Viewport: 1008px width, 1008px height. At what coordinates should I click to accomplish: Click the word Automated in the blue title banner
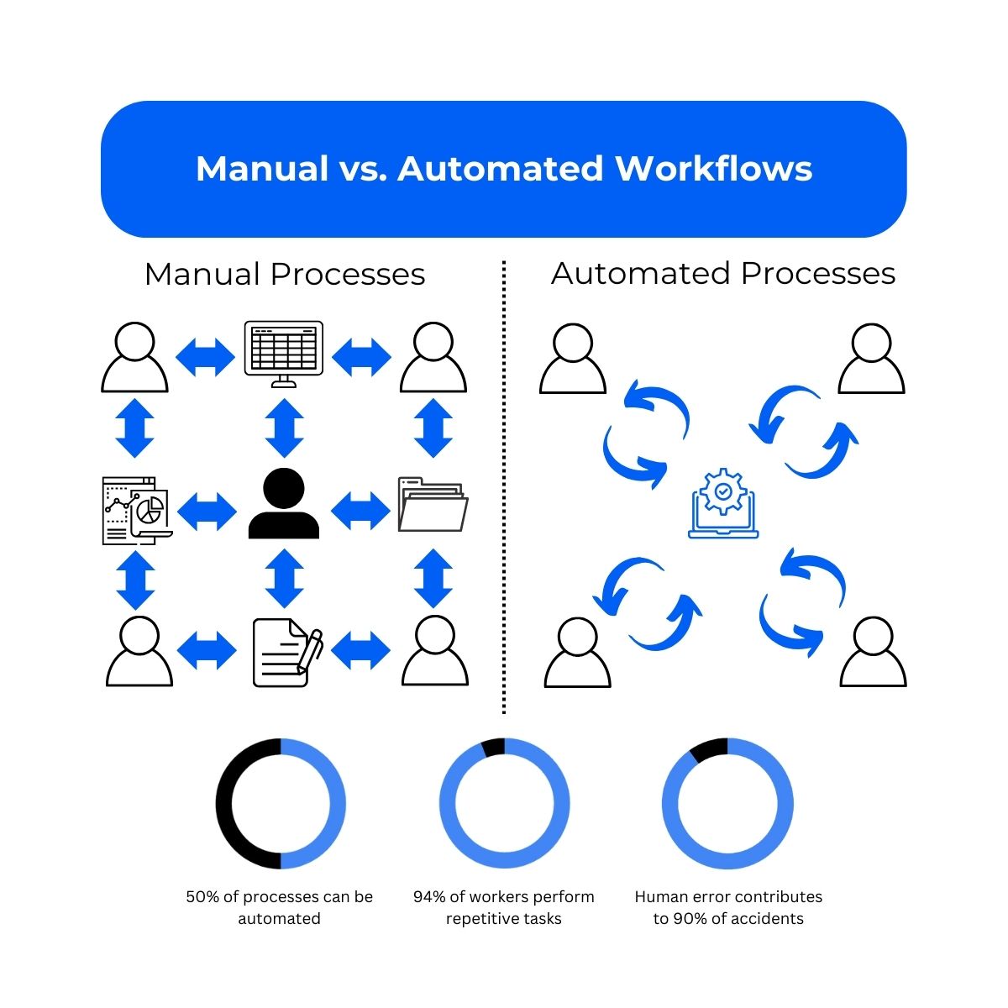tap(500, 168)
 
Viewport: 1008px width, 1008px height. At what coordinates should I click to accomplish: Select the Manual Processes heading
tap(284, 275)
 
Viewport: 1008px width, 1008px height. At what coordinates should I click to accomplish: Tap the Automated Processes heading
tap(723, 274)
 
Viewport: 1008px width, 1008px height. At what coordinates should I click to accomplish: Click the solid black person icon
tap(284, 504)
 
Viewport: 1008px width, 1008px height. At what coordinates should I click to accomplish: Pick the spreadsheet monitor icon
tap(283, 353)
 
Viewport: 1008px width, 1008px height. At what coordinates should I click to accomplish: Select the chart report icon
tap(136, 511)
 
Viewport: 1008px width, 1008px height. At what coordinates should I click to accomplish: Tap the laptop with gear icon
tap(723, 504)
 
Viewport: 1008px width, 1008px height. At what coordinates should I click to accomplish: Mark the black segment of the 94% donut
tap(493, 747)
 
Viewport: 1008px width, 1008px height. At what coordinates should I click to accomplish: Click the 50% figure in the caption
tap(202, 897)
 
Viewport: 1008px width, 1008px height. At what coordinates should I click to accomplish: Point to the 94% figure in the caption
tap(429, 897)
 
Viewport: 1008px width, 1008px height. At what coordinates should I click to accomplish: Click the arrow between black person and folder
tap(361, 509)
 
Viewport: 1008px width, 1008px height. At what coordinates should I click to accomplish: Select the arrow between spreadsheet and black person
tap(284, 428)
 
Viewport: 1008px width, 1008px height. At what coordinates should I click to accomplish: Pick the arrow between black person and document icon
tap(284, 578)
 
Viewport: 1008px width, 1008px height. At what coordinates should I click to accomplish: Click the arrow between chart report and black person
tap(207, 510)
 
